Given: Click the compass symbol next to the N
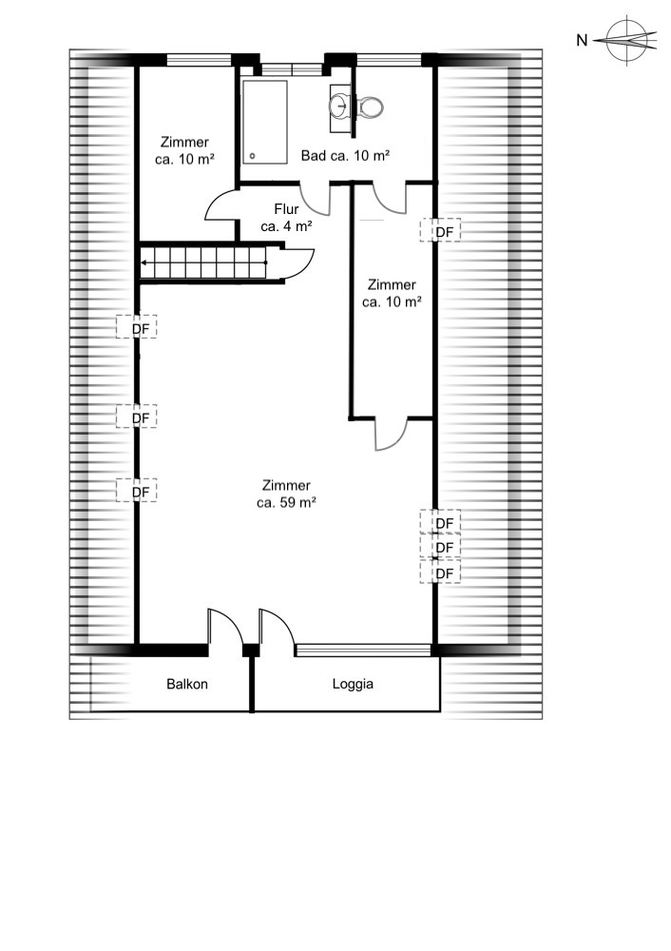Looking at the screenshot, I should tap(629, 39).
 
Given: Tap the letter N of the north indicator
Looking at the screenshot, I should tap(582, 40).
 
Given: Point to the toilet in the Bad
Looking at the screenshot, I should tap(372, 106).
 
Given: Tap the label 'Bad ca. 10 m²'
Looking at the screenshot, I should tap(345, 155).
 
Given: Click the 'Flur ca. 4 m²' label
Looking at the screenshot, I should tap(286, 218).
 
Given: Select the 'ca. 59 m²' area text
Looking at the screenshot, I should tap(286, 503).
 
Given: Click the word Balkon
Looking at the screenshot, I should tap(187, 683).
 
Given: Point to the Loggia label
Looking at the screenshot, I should tap(353, 683).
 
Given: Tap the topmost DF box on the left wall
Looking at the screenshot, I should tap(137, 327).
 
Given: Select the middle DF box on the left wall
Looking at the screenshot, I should tap(137, 417).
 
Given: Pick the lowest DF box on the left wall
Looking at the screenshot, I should tap(137, 491).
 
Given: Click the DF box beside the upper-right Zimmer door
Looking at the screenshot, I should tap(442, 230).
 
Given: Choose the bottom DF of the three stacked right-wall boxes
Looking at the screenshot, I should tap(442, 573).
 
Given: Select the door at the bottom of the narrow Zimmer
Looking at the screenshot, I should tap(392, 434).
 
